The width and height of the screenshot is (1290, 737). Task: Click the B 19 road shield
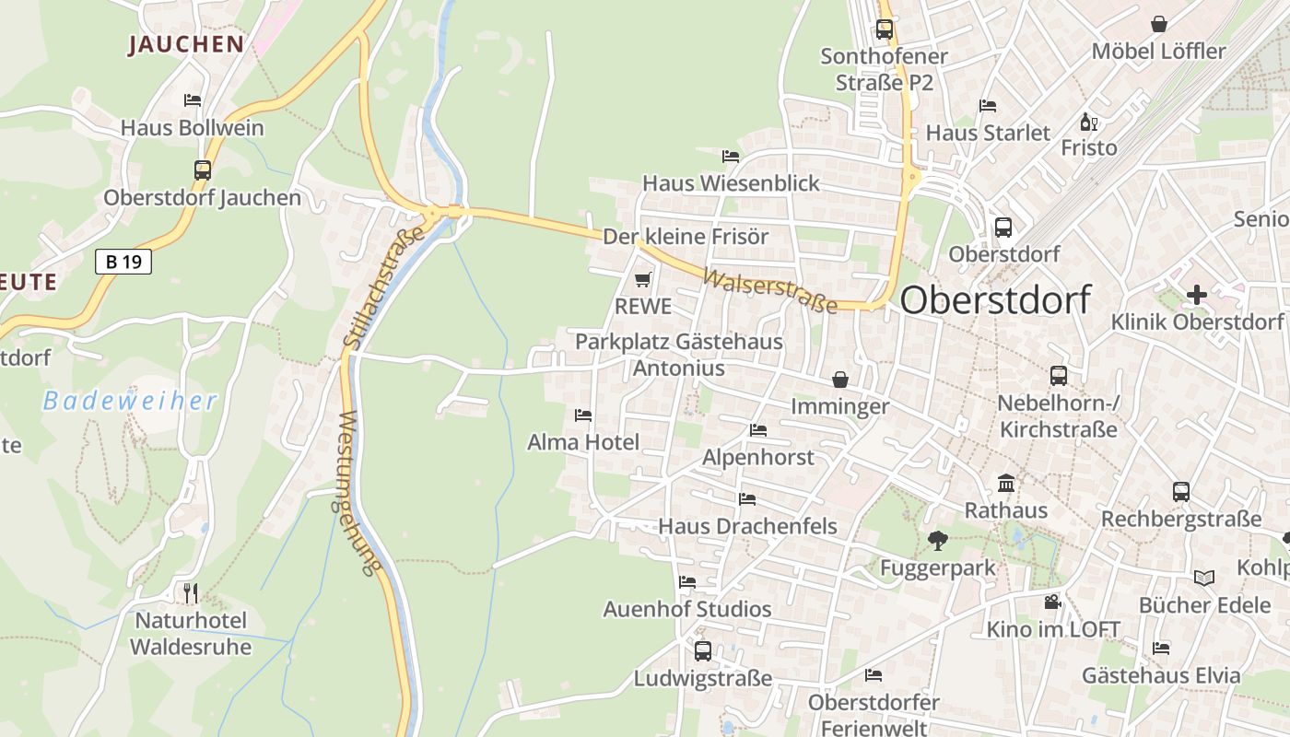point(123,262)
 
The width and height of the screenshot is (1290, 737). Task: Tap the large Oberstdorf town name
point(995,300)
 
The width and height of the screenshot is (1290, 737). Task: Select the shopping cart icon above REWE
point(642,279)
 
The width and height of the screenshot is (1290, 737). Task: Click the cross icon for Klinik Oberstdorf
point(1196,295)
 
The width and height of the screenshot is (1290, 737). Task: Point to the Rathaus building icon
point(1006,483)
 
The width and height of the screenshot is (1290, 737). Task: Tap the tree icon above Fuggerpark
point(937,540)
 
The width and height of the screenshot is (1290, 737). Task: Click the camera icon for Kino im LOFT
point(1052,602)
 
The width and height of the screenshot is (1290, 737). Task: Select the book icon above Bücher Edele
point(1204,578)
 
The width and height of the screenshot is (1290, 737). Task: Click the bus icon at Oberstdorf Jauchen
point(203,170)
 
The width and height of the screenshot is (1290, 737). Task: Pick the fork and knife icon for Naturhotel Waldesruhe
point(191,591)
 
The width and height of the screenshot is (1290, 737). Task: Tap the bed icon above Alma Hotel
point(583,415)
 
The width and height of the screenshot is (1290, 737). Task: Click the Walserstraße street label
point(769,290)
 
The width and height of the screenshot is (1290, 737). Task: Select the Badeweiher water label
point(131,401)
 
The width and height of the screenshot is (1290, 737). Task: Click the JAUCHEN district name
point(186,44)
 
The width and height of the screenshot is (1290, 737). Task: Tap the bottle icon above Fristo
point(1088,121)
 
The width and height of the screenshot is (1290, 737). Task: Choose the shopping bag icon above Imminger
point(840,379)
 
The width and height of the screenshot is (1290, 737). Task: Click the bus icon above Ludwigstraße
point(703,650)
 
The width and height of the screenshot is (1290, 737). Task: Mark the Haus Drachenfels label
point(747,526)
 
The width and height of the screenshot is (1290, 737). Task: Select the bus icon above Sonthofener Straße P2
point(885,29)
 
